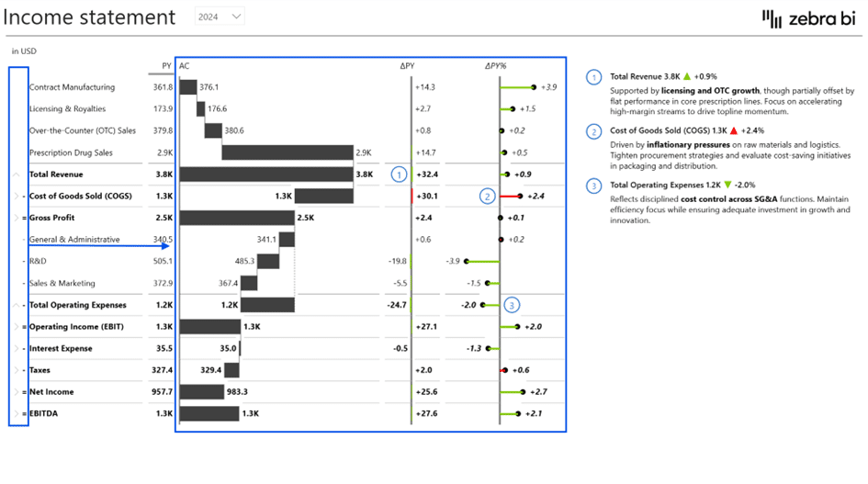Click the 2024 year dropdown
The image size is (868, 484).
point(220,17)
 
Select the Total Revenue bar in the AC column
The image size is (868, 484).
point(266,174)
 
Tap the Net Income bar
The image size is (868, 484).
point(202,392)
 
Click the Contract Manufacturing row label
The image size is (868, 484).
point(72,87)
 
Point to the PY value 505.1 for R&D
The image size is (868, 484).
point(162,261)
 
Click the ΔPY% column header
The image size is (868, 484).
point(496,66)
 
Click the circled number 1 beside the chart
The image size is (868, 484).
point(399,174)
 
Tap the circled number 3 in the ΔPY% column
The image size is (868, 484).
point(513,305)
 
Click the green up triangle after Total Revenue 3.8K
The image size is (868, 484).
point(686,77)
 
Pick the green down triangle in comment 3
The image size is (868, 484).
point(727,185)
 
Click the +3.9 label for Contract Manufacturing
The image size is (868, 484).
point(548,87)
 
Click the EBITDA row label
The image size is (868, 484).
point(43,414)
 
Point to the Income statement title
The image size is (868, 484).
point(89,17)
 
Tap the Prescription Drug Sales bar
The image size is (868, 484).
point(287,152)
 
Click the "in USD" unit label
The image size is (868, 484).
point(23,51)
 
